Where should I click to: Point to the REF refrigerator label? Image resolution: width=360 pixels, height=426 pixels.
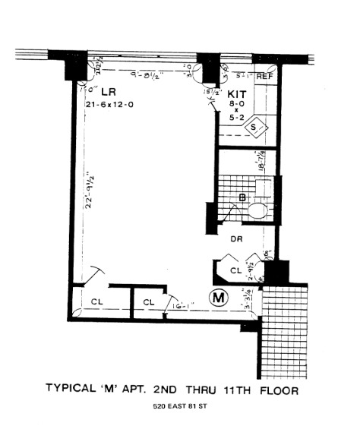tap(264, 76)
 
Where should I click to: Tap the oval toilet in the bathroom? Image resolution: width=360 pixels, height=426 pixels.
tap(259, 210)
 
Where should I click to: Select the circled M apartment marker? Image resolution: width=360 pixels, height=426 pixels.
tap(219, 298)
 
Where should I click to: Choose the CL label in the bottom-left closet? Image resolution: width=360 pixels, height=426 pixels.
tap(96, 301)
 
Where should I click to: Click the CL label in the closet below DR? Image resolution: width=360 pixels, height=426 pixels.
tap(235, 270)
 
